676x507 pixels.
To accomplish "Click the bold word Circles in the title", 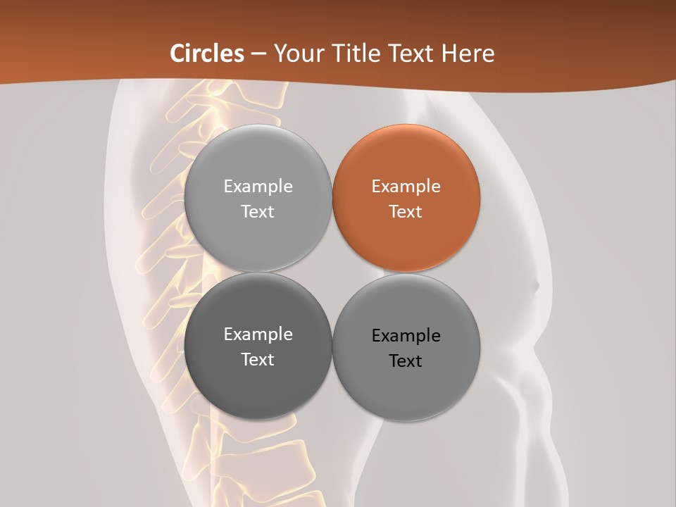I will pos(207,54).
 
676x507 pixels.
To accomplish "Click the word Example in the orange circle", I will pos(406,187).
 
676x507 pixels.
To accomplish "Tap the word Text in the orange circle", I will pos(406,212).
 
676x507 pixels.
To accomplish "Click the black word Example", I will pos(406,336).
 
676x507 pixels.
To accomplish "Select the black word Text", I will pos(406,361).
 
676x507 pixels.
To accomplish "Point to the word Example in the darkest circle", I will pos(258,334).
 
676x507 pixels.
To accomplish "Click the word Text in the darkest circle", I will pos(258,360).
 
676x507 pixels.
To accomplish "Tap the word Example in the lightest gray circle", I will pos(258,187).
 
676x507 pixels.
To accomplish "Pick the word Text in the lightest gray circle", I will pos(258,212).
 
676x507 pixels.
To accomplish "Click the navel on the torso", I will pos(535,286).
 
